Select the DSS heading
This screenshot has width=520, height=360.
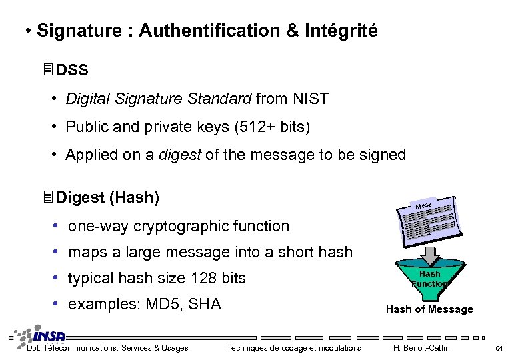point(72,70)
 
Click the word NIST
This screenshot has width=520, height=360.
point(310,99)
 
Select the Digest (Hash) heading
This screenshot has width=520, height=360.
point(107,197)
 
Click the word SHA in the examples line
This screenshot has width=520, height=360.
point(205,305)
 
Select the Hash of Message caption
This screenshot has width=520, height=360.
point(429,309)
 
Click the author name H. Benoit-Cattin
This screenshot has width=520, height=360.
point(421,348)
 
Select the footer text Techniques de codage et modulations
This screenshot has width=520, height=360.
point(293,348)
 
